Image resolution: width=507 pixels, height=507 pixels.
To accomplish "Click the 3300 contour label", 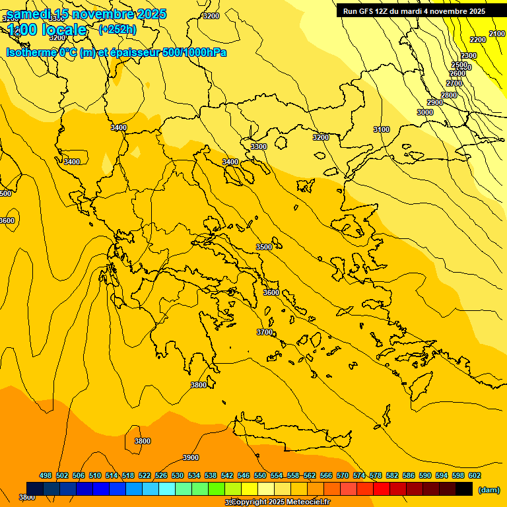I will point(259,147).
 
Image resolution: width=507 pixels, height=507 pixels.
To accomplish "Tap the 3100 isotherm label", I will point(382,129).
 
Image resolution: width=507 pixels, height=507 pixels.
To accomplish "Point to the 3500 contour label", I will point(264,247).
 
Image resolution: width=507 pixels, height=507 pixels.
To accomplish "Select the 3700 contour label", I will point(265,332).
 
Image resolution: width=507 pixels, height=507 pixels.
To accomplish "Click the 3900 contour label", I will point(191,457).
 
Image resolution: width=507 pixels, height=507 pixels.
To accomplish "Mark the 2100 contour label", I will point(497,34).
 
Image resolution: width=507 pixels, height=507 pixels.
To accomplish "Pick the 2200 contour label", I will point(478,40).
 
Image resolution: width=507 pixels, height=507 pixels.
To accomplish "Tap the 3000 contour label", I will point(425,112).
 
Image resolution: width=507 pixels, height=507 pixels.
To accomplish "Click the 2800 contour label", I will point(449,95).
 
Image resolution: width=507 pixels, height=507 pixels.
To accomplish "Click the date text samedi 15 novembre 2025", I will point(86,14).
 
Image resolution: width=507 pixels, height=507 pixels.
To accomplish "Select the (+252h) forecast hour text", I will point(118,29).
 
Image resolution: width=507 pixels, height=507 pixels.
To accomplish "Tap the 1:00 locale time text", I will point(48,30).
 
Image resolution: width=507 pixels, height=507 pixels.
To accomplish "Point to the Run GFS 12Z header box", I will point(414,11).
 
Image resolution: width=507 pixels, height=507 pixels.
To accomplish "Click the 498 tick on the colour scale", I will point(46,475).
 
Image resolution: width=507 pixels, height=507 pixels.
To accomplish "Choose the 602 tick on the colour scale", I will point(475,475).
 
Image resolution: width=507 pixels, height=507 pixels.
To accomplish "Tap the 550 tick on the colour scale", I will point(260,475).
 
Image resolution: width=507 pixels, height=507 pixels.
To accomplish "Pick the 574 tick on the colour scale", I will point(359,475).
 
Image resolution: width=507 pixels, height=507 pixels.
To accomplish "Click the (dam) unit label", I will point(489,490).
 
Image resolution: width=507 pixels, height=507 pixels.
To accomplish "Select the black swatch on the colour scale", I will point(464,489).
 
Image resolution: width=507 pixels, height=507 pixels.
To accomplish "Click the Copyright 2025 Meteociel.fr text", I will point(280,502).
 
